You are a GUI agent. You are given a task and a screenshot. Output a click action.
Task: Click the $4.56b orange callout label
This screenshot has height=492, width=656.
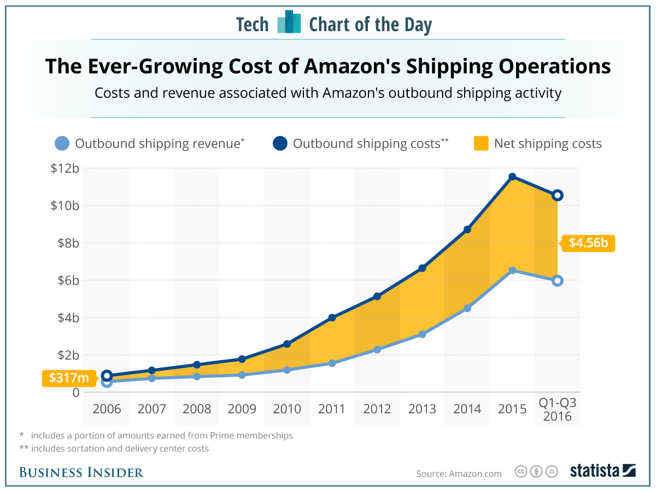pyautogui.click(x=588, y=243)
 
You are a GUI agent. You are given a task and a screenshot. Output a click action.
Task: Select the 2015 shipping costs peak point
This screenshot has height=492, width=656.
pyautogui.click(x=512, y=177)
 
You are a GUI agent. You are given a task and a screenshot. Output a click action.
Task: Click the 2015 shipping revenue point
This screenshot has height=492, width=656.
pyautogui.click(x=512, y=271)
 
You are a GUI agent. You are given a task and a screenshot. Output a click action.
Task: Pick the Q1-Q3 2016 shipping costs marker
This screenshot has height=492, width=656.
pyautogui.click(x=557, y=195)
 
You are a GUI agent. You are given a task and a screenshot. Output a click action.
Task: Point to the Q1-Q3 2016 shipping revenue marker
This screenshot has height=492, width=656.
pyautogui.click(x=557, y=280)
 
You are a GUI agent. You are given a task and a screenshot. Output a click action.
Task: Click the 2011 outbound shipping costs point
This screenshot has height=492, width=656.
pyautogui.click(x=332, y=318)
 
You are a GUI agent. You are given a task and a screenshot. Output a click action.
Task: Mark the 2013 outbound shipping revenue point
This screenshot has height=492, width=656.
pyautogui.click(x=422, y=334)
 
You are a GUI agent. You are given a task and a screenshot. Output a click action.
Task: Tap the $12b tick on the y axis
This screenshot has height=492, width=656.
pyautogui.click(x=65, y=168)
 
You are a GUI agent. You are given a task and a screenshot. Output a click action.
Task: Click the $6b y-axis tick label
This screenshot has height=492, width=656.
pyautogui.click(x=67, y=280)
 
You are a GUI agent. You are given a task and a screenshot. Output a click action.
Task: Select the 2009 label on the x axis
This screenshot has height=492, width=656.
pyautogui.click(x=242, y=409)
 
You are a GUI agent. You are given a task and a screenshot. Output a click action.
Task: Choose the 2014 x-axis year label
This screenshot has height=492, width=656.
pyautogui.click(x=467, y=409)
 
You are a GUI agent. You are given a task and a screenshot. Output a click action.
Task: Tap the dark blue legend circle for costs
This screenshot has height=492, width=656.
pyautogui.click(x=280, y=144)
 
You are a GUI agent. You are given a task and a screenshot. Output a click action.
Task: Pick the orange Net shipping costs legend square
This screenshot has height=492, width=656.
pyautogui.click(x=481, y=144)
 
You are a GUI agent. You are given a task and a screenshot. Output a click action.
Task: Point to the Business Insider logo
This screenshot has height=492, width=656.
pyautogui.click(x=81, y=472)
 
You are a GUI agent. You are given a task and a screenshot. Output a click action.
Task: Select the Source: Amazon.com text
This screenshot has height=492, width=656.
pyautogui.click(x=459, y=473)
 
